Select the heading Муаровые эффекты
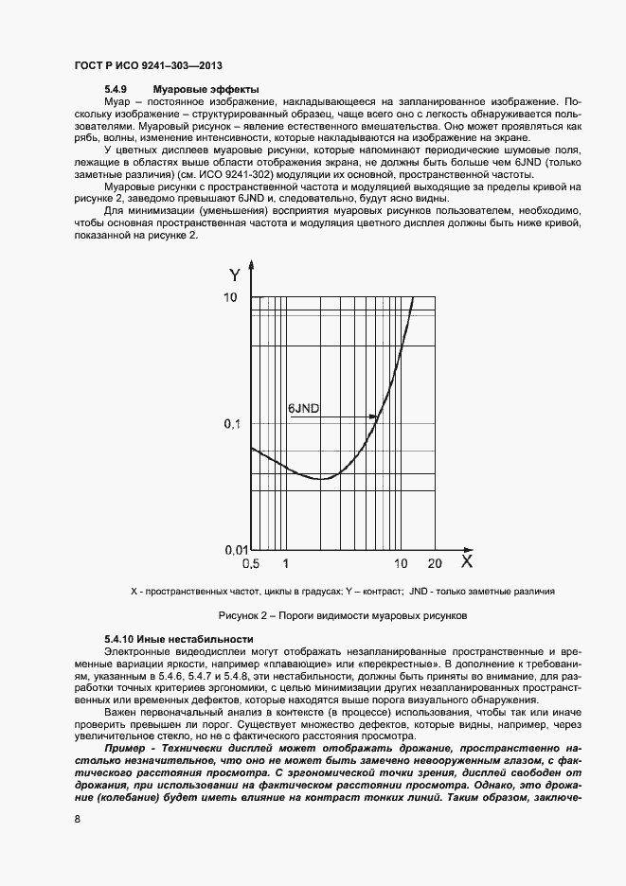click(206, 89)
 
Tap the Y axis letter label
click(234, 275)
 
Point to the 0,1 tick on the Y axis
click(231, 424)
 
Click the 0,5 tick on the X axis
click(251, 564)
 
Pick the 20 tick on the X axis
click(435, 564)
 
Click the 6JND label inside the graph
click(303, 409)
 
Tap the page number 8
click(77, 818)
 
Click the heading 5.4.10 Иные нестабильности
click(180, 639)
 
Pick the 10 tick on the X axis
click(402, 564)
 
